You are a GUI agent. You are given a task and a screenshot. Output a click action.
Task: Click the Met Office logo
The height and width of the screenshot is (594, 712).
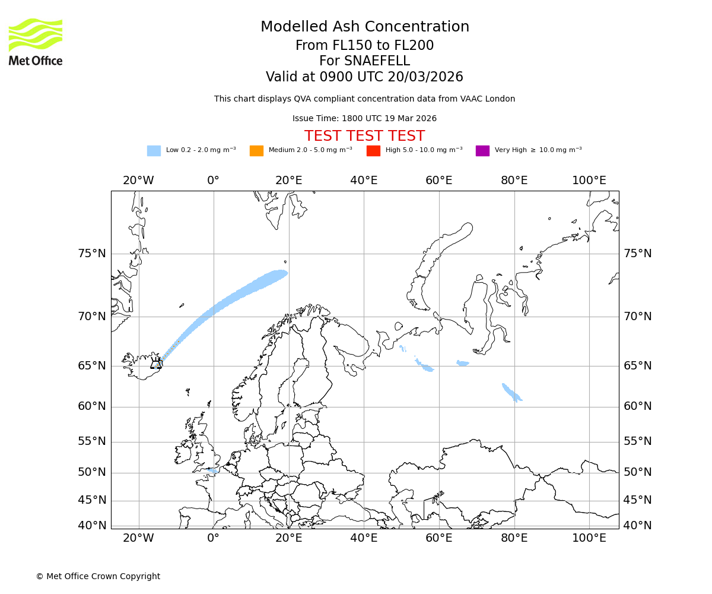36,42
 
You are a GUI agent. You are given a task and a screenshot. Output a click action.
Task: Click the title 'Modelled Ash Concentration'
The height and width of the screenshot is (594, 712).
364,27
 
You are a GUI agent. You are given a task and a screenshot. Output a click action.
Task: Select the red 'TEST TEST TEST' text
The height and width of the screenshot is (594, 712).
364,136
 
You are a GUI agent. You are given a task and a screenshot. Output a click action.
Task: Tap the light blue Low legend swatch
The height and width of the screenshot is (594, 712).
154,150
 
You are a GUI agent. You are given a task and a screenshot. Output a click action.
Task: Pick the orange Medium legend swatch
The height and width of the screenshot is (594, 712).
256,150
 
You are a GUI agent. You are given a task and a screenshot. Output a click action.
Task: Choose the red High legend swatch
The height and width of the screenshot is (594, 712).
373,150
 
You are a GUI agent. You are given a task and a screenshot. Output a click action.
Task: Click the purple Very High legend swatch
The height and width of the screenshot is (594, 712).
482,150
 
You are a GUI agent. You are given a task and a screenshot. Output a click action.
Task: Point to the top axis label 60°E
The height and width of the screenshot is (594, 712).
439,181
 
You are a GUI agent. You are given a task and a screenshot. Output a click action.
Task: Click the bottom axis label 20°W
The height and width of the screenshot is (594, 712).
138,538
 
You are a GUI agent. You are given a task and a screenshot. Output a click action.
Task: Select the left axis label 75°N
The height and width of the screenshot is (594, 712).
92,254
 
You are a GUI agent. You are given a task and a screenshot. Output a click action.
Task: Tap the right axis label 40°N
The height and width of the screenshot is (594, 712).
637,525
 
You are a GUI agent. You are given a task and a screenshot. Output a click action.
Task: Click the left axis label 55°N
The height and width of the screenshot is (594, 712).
92,441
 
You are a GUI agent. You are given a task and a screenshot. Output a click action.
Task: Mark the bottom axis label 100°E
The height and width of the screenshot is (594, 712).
589,538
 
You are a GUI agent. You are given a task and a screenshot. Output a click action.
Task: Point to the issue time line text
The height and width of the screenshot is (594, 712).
364,118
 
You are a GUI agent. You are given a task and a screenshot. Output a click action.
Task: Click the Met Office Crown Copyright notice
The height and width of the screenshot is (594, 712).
98,576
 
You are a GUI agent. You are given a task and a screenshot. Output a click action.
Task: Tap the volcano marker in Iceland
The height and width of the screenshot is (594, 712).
156,364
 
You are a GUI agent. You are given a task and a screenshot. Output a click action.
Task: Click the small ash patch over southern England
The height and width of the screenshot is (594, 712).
212,470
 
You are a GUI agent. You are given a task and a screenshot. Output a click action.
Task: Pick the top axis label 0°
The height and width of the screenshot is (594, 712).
214,181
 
